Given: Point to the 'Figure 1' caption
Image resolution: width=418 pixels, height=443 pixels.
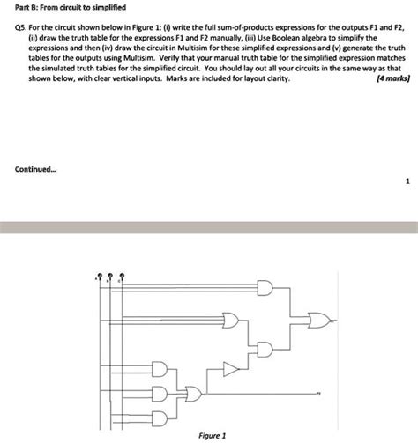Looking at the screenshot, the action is click(x=213, y=434).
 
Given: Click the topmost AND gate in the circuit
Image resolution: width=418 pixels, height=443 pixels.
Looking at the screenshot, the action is click(x=265, y=288).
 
